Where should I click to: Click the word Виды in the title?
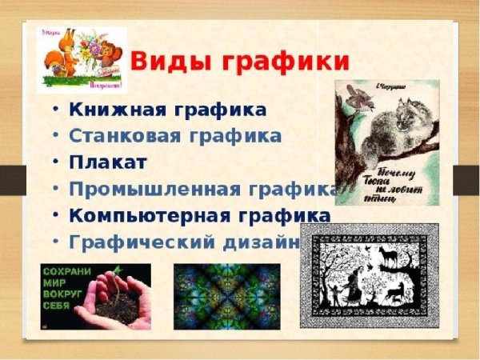pyautogui.click(x=168, y=60)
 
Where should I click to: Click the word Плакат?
pyautogui.click(x=108, y=162)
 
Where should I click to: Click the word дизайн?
pyautogui.click(x=264, y=242)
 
